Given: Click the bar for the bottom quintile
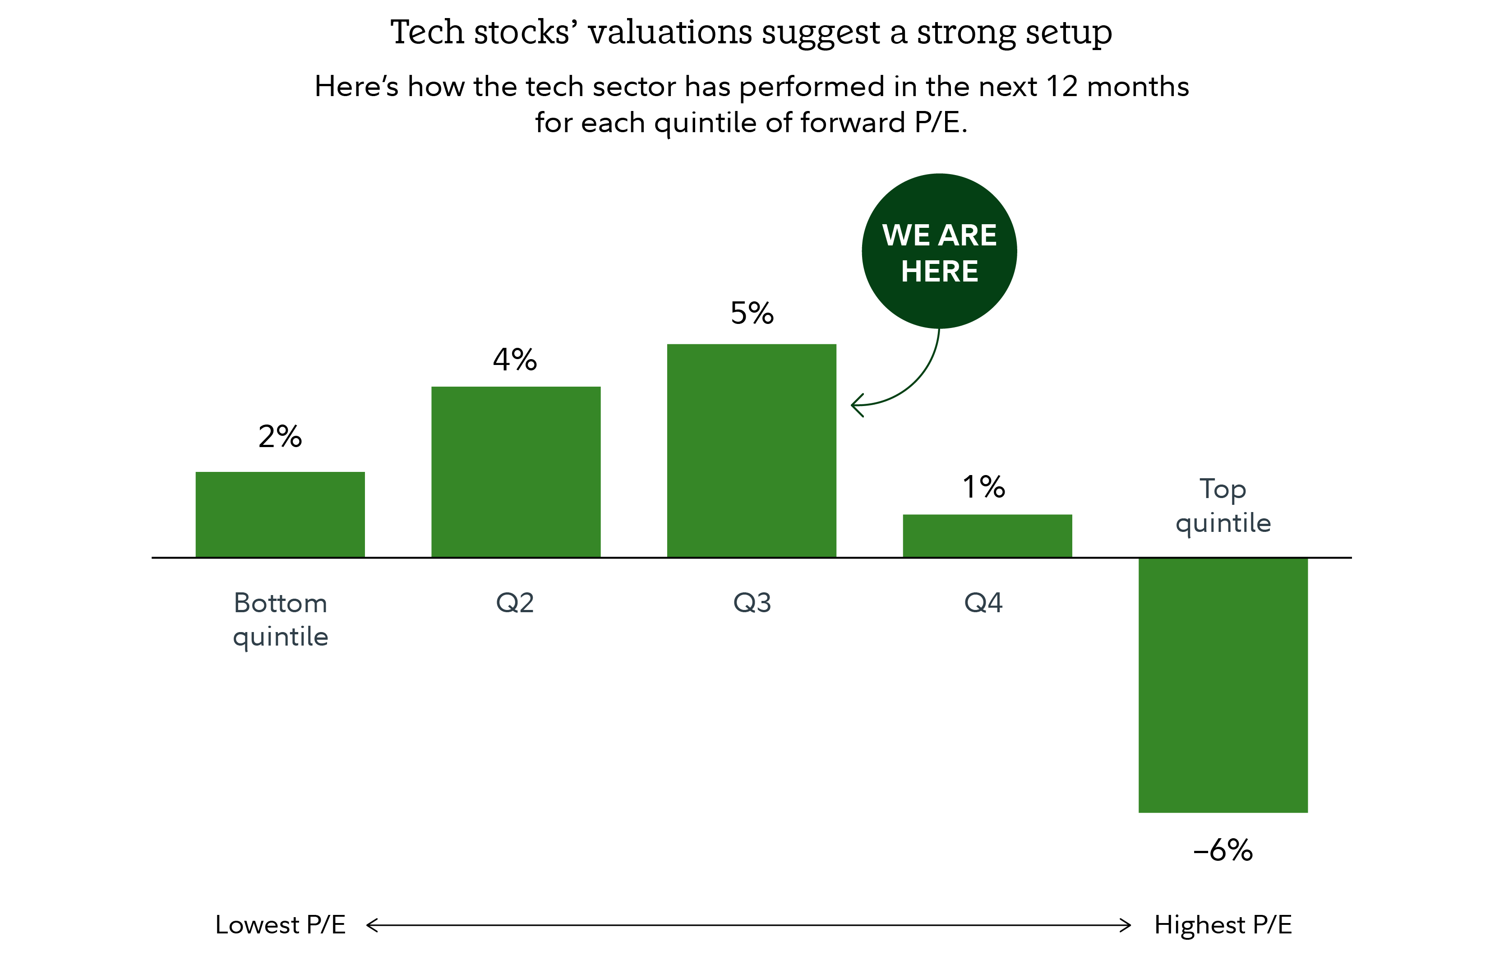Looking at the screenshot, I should point(280,514).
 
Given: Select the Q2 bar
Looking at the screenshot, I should point(516,472).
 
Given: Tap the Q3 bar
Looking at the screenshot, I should point(751,451).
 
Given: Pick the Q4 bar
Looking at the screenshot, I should point(987,536).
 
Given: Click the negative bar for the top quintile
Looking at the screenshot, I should point(1223,685).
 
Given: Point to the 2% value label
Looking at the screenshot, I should point(280,436).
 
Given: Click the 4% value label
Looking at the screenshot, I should point(515,360).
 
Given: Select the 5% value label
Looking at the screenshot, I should point(752,313).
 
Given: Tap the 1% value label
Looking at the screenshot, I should point(983,487).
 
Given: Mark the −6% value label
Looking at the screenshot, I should point(1223,850).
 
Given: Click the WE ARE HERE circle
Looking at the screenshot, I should point(939,251).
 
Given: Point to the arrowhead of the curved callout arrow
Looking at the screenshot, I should point(854,406).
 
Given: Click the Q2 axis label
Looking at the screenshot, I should point(515,603).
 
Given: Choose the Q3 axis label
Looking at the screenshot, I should point(752,603).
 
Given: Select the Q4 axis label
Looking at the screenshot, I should point(983,603).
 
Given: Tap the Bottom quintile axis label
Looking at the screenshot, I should point(280,620).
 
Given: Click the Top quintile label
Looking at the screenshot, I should point(1223,505).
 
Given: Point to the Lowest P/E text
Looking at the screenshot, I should point(280,925).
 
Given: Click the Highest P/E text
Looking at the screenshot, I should point(1223,925).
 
